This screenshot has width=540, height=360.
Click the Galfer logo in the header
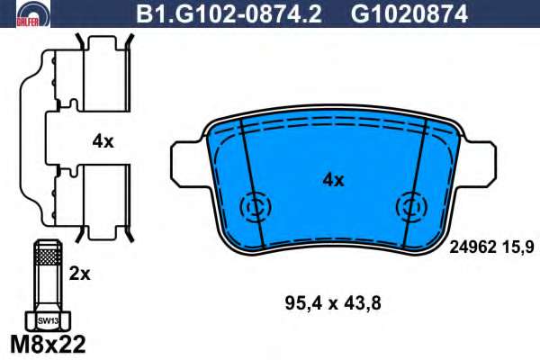tap(33, 13)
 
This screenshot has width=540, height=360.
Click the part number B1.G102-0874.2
tap(229, 14)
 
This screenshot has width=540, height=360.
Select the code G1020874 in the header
tap(409, 14)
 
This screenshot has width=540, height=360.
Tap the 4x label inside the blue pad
tap(333, 180)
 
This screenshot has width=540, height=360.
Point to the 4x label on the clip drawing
tap(103, 141)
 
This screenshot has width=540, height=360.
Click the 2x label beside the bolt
tap(79, 274)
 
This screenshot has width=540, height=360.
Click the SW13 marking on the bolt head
tap(48, 321)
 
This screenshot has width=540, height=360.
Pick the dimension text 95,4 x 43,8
tap(333, 304)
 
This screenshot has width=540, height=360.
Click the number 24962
tap(472, 247)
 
